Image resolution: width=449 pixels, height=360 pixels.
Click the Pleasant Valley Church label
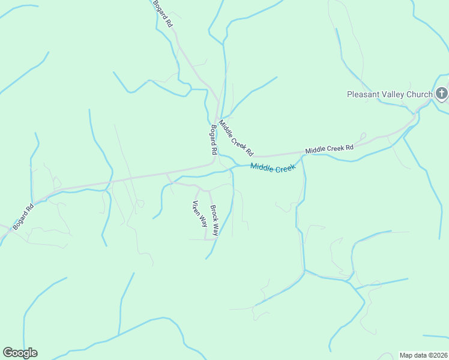click(390, 94)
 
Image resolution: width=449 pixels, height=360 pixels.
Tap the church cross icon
click(442, 93)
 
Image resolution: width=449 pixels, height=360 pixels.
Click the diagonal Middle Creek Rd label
click(236, 138)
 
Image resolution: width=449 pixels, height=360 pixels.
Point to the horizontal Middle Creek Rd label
click(329, 148)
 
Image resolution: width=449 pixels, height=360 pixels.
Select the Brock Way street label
click(214, 220)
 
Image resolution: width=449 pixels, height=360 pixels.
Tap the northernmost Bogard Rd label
click(163, 13)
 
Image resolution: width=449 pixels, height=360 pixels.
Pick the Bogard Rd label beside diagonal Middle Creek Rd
click(212, 140)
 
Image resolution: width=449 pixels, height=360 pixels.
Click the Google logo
click(20, 353)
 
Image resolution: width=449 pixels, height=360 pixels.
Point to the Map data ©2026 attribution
click(423, 355)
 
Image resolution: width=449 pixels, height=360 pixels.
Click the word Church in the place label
click(419, 94)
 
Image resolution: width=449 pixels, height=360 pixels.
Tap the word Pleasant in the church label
click(364, 94)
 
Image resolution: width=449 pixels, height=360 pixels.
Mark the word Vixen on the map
click(196, 207)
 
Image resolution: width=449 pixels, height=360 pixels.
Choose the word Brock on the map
click(212, 213)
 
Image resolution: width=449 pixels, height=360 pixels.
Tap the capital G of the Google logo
click(8, 353)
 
